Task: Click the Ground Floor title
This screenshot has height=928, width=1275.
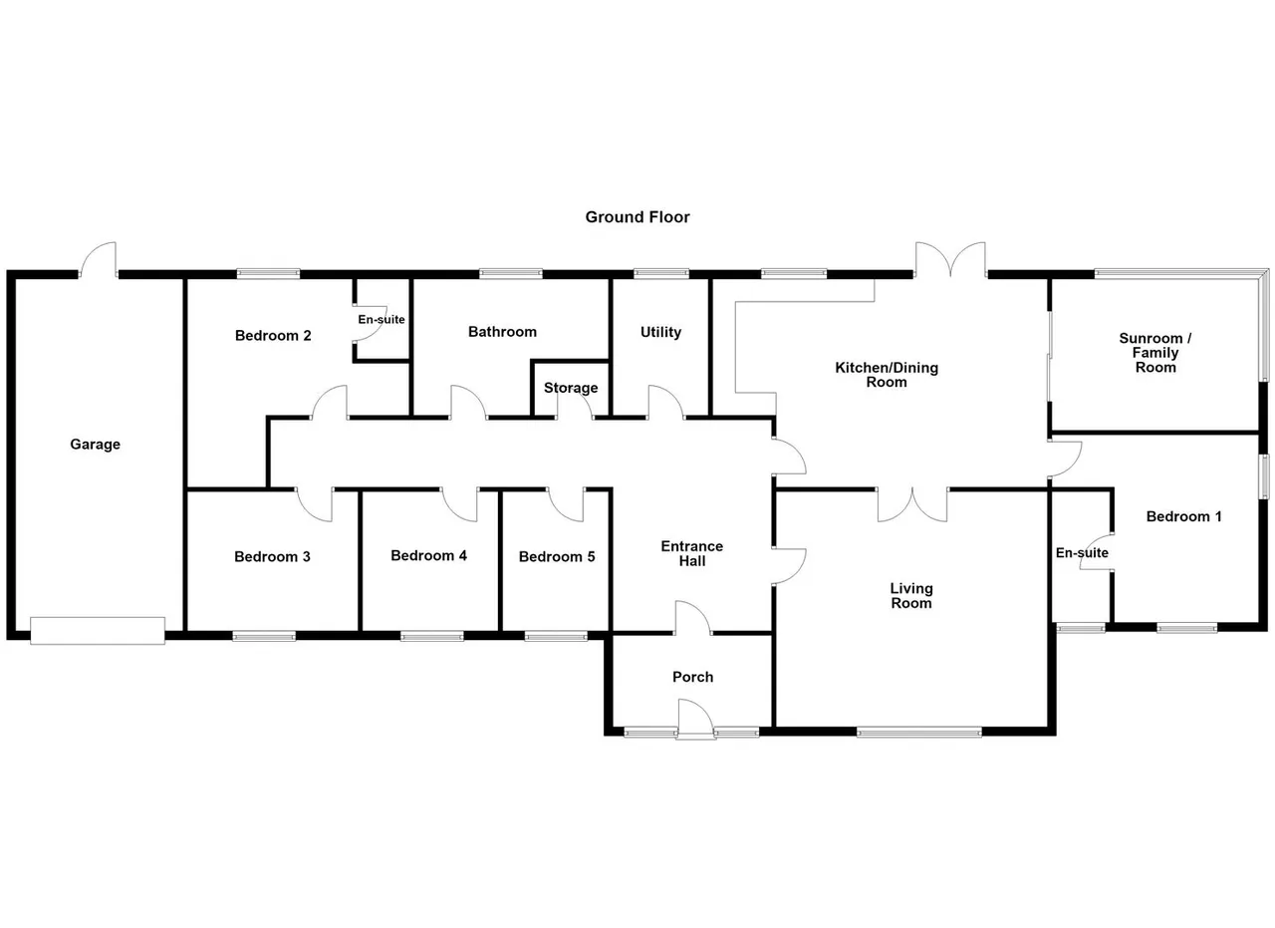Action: tap(637, 217)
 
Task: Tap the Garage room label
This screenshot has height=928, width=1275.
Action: tap(95, 445)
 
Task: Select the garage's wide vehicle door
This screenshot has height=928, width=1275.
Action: tap(98, 631)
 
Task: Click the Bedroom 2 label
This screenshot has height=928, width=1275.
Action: tap(273, 336)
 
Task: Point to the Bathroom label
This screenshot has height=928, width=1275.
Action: tap(503, 332)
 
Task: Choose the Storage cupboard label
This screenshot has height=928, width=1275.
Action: tap(571, 388)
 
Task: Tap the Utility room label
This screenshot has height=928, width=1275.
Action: tap(660, 332)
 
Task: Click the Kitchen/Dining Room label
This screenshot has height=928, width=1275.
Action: tap(887, 375)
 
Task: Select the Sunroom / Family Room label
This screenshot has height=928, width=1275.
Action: tap(1155, 353)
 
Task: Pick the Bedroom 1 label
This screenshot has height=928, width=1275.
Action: tap(1184, 516)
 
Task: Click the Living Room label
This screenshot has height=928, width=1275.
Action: tap(911, 596)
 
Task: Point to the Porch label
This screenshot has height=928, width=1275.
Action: tap(692, 677)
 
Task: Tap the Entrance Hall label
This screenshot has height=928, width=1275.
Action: tap(692, 554)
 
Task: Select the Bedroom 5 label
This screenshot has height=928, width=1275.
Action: tap(557, 556)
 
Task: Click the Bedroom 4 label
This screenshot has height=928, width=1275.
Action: tap(429, 555)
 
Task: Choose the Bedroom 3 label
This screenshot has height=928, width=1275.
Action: tap(273, 556)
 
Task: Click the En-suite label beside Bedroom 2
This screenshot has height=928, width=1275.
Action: tap(382, 320)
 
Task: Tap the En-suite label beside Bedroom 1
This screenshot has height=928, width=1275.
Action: tap(1082, 552)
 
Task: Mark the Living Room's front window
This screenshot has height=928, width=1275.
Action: tap(919, 732)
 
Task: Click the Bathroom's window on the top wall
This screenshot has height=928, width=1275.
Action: tap(511, 273)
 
